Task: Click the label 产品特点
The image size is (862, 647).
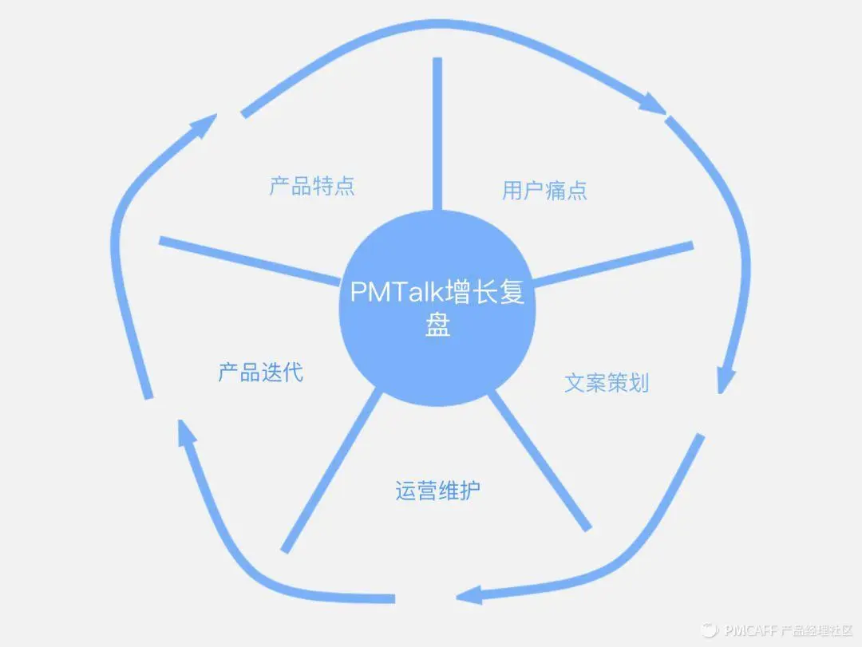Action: click(312, 187)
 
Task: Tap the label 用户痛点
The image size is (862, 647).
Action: click(545, 190)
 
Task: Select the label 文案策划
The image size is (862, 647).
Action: click(607, 383)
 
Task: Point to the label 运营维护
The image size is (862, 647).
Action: click(438, 491)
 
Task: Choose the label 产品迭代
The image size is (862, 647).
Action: click(261, 372)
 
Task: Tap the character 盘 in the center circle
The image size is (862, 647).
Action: click(437, 326)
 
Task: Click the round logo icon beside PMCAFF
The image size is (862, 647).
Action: click(709, 630)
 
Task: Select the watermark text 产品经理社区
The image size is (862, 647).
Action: click(817, 630)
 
